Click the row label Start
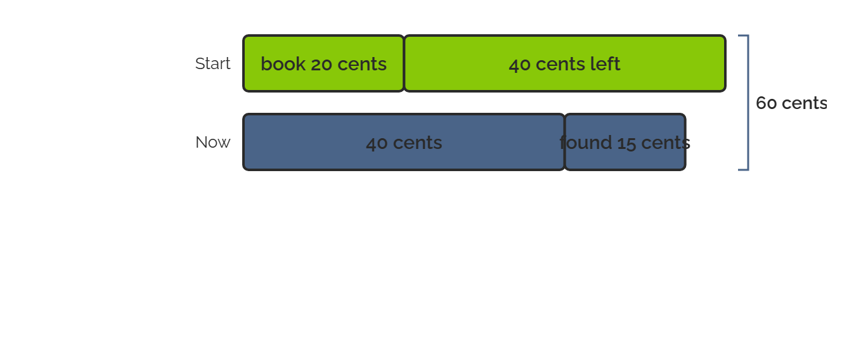pyautogui.click(x=213, y=63)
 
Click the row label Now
pyautogui.click(x=213, y=143)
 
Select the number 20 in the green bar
pyautogui.click(x=321, y=64)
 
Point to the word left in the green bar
pyautogui.click(x=605, y=63)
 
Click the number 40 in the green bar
pyautogui.click(x=519, y=65)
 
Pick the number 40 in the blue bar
pyautogui.click(x=377, y=143)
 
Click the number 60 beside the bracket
pyautogui.click(x=767, y=103)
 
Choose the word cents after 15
pyautogui.click(x=666, y=143)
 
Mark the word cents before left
pyautogui.click(x=560, y=65)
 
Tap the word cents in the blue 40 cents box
pyautogui.click(x=417, y=143)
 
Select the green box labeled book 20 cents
pyautogui.click(x=323, y=63)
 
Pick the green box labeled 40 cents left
pyautogui.click(x=565, y=63)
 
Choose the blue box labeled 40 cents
pyautogui.click(x=404, y=142)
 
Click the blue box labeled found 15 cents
pyautogui.click(x=625, y=142)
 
